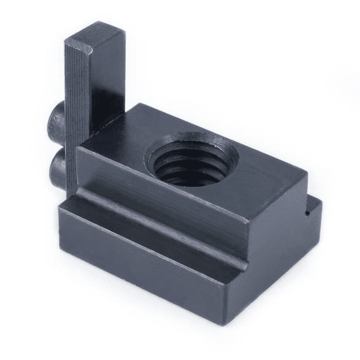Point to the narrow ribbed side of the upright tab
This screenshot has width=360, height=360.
(77, 103)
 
